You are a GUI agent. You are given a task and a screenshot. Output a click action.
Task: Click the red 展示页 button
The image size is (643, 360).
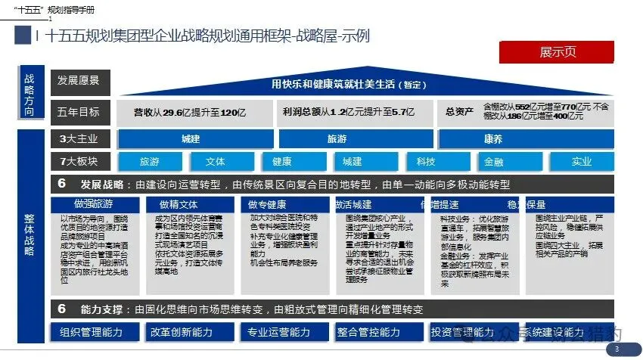click(558, 52)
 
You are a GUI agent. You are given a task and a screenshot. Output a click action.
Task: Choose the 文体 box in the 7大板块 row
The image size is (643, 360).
click(215, 162)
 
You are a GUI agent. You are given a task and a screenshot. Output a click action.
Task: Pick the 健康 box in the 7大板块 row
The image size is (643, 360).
click(282, 162)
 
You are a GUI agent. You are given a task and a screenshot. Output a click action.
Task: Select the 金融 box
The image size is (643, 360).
click(494, 162)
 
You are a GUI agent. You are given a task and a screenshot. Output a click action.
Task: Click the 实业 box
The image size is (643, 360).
click(581, 162)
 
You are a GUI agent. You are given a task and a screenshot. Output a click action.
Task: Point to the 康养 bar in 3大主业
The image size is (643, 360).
click(492, 139)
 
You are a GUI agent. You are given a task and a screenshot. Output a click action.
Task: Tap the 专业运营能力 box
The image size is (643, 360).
click(279, 332)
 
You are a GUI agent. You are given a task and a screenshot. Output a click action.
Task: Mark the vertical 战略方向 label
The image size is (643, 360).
click(30, 95)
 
